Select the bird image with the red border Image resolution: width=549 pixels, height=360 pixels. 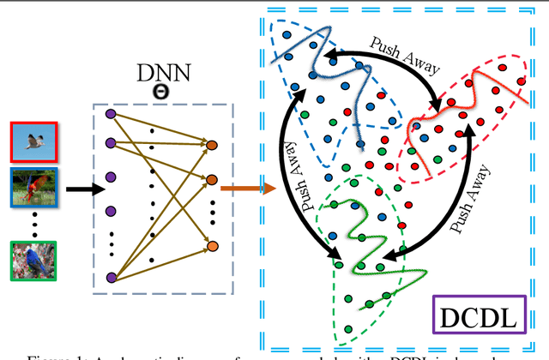coord(33,141)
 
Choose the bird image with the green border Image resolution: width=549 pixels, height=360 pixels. coord(33,261)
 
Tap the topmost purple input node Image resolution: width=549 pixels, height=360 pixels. coord(110,113)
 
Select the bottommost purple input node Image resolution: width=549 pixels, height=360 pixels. coord(110,276)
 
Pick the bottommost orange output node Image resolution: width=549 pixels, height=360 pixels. coord(211,248)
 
